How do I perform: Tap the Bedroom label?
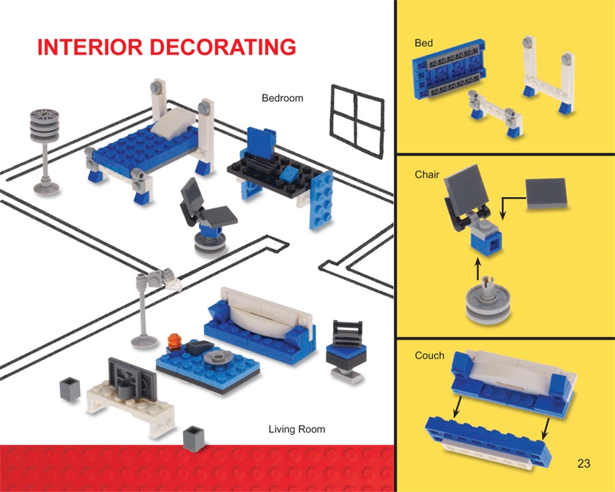coord(282,98)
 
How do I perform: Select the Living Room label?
coord(296,429)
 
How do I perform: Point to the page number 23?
coord(583,463)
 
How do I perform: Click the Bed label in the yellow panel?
coord(423,43)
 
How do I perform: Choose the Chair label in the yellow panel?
coord(427,175)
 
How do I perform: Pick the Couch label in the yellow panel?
coord(429,356)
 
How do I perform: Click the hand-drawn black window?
coord(357,121)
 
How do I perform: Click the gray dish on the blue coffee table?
coord(218,357)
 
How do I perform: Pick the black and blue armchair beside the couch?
coord(347,350)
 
